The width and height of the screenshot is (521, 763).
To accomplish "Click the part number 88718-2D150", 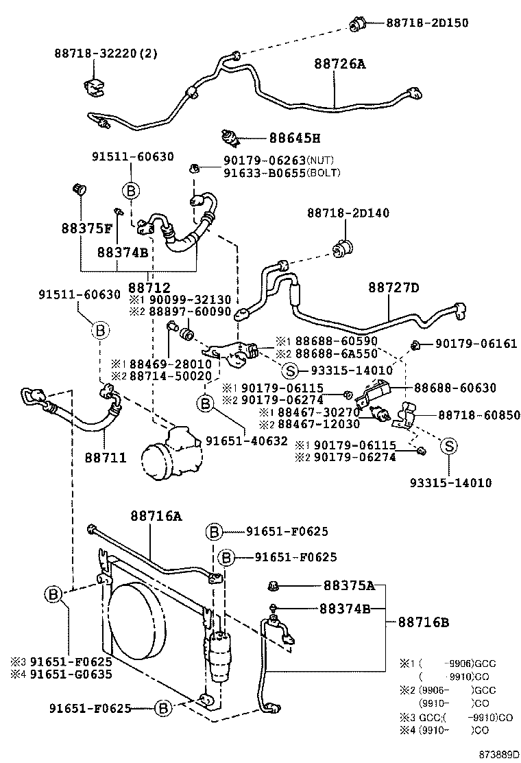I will click(427, 23).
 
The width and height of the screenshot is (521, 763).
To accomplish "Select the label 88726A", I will click(340, 64).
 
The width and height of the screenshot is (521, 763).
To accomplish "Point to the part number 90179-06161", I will click(476, 344).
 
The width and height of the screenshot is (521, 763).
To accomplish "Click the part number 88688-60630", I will click(454, 388).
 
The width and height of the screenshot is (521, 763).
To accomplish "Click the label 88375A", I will click(348, 585).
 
